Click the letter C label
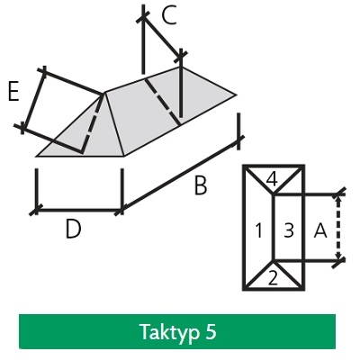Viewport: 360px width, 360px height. [168, 16]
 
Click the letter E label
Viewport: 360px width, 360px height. [13, 91]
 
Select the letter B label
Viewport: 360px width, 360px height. [201, 185]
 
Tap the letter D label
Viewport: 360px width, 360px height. [73, 229]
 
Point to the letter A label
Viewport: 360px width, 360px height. [320, 231]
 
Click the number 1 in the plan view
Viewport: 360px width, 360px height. [259, 231]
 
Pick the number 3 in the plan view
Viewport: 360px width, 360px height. [288, 231]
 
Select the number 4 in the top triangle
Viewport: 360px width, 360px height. [272, 180]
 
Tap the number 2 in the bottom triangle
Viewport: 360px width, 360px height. [273, 279]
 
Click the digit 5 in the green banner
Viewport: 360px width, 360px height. [211, 332]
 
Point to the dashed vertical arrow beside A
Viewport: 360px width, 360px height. [338, 228]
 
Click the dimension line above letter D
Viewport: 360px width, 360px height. [78, 211]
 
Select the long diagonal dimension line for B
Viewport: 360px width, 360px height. [180, 175]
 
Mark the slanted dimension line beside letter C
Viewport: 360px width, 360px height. [162, 37]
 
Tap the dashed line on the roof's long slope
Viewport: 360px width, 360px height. [163, 102]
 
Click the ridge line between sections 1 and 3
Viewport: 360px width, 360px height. [274, 228]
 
